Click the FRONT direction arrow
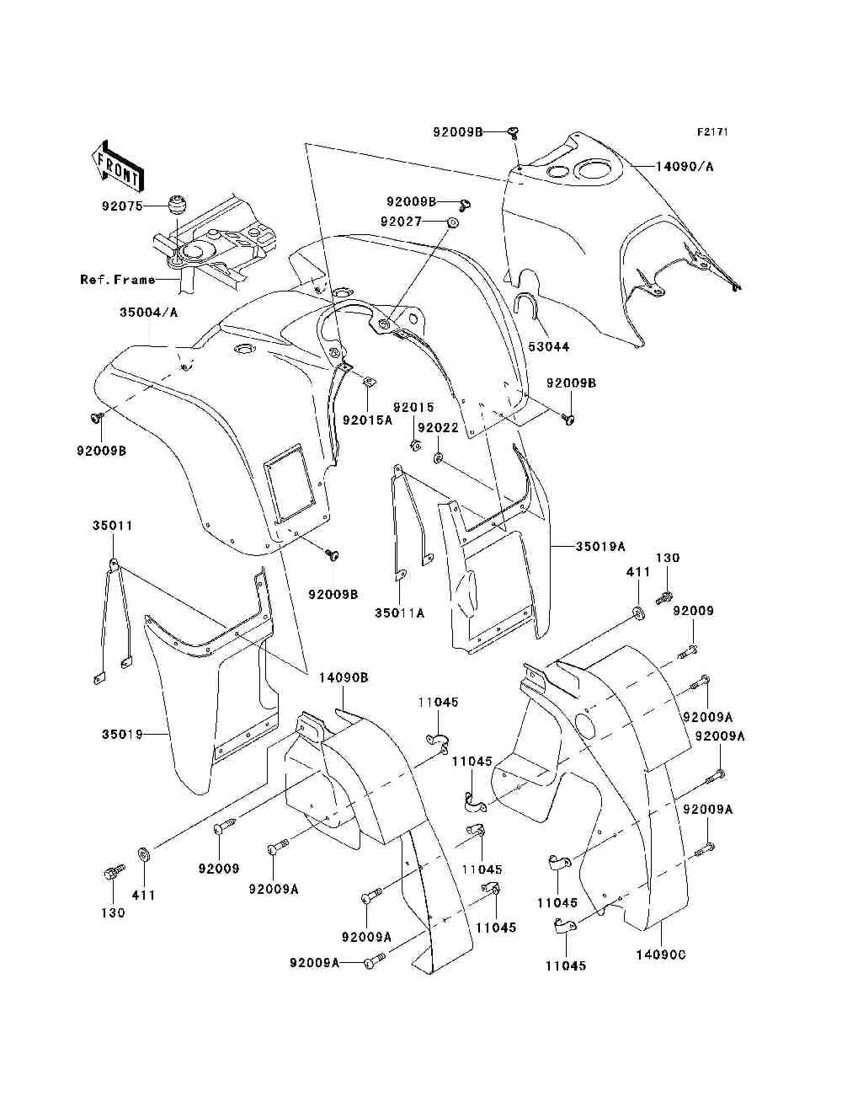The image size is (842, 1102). pyautogui.click(x=119, y=166)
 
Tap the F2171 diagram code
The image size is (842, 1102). pyautogui.click(x=712, y=132)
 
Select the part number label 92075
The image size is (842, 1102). pyautogui.click(x=122, y=206)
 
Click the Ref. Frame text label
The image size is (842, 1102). pyautogui.click(x=118, y=279)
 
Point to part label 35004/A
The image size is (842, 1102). pyautogui.click(x=149, y=313)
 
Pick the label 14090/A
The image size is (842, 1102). pyautogui.click(x=685, y=167)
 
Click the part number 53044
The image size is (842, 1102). pyautogui.click(x=548, y=346)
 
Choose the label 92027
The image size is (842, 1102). pyautogui.click(x=402, y=222)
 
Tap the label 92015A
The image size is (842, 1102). pyautogui.click(x=367, y=420)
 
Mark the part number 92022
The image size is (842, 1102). pyautogui.click(x=439, y=427)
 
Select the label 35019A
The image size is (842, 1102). pyautogui.click(x=600, y=546)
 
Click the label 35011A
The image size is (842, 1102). pyautogui.click(x=399, y=613)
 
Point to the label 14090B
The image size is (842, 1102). pyautogui.click(x=344, y=677)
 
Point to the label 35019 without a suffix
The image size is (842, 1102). pyautogui.click(x=122, y=734)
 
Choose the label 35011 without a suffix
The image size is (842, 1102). pyautogui.click(x=112, y=526)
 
